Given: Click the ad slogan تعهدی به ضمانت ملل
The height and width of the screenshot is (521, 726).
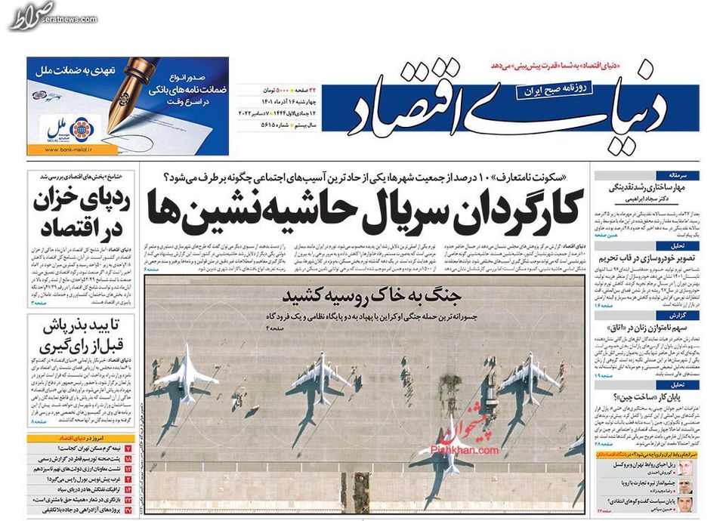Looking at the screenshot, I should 76,69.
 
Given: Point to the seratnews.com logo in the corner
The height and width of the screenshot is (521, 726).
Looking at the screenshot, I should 34,16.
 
